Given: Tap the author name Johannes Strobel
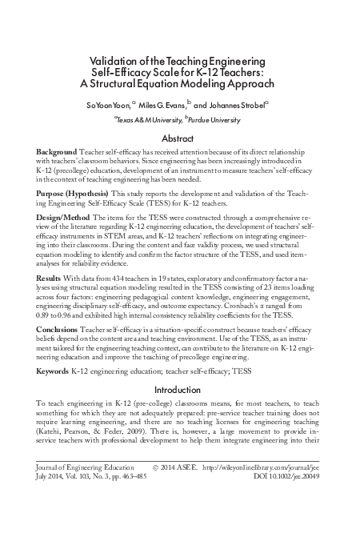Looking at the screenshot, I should (241, 104).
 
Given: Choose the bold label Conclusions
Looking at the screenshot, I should (58, 330).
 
